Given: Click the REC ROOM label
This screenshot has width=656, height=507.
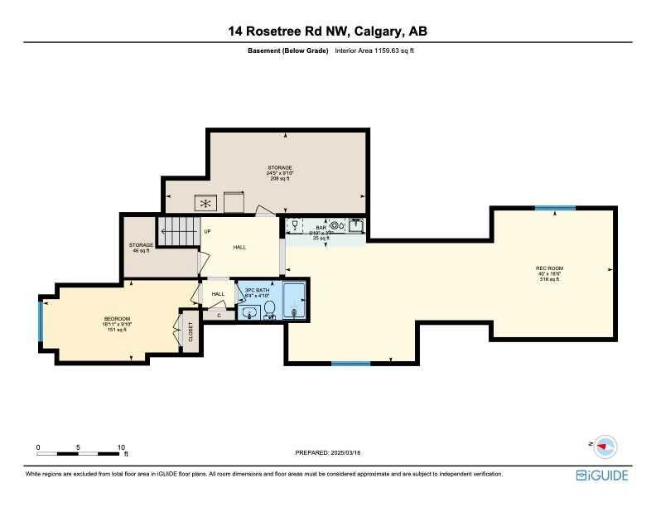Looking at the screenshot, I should click(547, 268).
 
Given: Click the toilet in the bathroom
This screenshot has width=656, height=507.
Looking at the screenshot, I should click(269, 310).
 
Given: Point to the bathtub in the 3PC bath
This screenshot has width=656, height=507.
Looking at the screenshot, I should click(294, 301).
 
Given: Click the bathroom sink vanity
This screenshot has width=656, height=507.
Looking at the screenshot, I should click(249, 312).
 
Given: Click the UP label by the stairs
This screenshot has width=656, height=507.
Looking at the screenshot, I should click(208, 231).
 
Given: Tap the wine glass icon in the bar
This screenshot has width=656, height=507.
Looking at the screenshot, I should click(294, 224).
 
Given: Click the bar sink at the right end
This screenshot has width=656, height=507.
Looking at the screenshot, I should click(355, 225).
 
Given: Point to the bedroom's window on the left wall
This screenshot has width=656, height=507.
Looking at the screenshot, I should click(40, 320).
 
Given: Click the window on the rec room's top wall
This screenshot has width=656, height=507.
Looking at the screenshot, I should click(554, 208).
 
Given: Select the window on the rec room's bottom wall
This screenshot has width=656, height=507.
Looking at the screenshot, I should click(350, 363).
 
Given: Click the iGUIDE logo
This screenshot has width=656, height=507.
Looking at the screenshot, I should click(602, 476).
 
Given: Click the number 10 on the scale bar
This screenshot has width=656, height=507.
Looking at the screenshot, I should click(121, 447).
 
